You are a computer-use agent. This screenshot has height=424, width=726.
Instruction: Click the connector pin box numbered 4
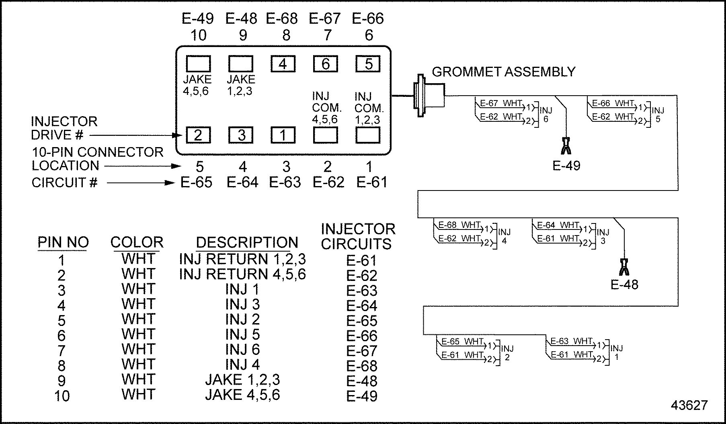(283, 64)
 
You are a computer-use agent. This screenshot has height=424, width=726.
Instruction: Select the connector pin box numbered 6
(325, 64)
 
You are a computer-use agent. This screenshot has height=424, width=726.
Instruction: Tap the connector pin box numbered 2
(198, 135)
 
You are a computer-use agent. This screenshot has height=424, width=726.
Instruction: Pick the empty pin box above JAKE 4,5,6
(198, 64)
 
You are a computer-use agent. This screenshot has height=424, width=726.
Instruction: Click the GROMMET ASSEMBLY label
(503, 72)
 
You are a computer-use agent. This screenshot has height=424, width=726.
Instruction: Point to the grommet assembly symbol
(429, 96)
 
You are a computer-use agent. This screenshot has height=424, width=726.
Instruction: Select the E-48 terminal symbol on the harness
(624, 267)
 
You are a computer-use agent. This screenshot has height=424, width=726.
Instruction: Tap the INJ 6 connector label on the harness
(546, 115)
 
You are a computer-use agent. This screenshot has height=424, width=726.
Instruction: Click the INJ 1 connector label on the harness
(616, 352)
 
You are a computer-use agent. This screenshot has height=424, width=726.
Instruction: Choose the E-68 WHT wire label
(459, 225)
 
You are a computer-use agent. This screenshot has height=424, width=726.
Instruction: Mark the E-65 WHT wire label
(462, 342)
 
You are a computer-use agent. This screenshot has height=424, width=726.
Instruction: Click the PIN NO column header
(63, 242)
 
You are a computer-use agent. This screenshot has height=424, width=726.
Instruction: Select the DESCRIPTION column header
(247, 242)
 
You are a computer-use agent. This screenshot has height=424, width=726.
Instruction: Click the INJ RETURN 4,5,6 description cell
(242, 274)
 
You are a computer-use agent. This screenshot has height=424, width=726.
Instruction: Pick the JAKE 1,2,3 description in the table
(242, 380)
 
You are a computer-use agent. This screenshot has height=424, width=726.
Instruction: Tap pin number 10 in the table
(62, 396)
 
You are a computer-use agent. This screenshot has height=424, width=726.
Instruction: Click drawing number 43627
(689, 406)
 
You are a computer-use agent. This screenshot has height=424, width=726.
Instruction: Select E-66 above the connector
(368, 18)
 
